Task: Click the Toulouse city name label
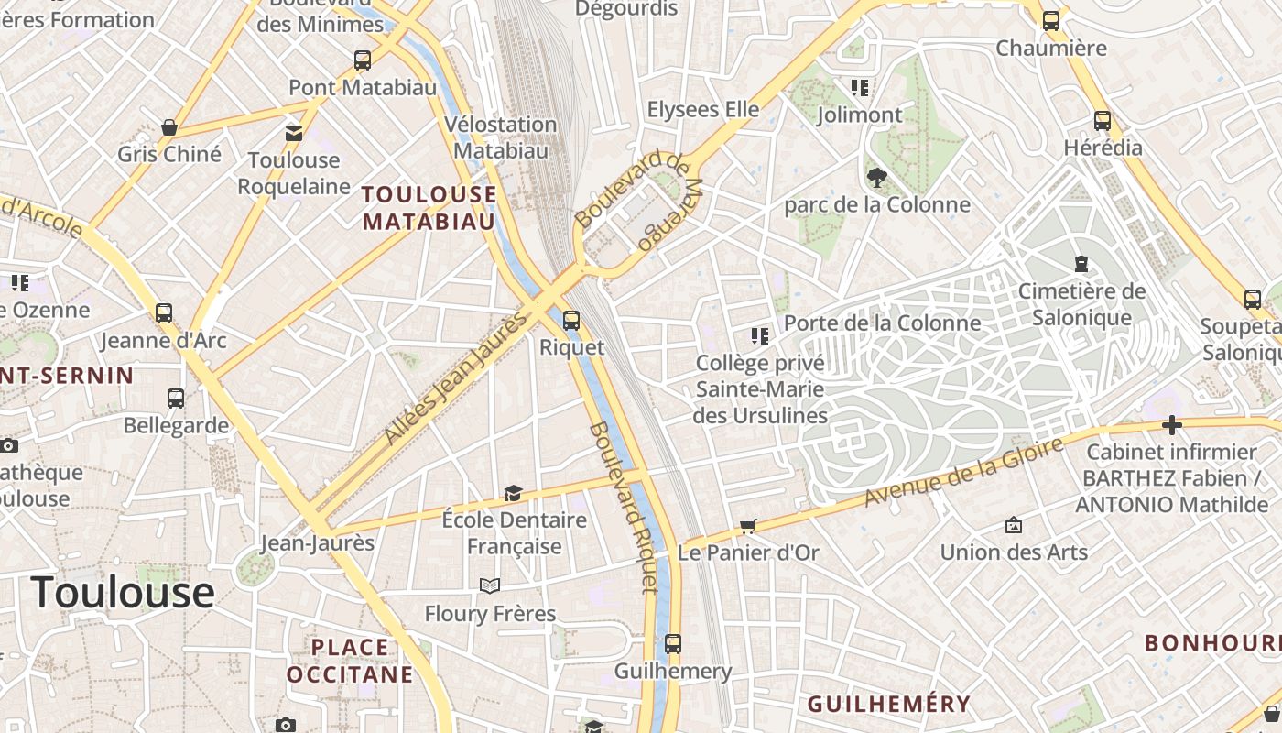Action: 123,593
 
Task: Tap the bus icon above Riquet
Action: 571,320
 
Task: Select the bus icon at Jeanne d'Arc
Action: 164,312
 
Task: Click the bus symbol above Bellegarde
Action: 176,398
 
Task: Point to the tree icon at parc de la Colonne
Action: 876,177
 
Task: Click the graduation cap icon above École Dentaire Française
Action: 513,494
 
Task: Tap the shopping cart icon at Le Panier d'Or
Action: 748,527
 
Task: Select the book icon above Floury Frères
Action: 490,585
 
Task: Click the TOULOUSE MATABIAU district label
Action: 429,208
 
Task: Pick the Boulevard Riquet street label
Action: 625,507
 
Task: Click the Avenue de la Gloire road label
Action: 964,472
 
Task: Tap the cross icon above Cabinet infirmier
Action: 1171,425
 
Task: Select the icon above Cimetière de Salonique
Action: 1081,264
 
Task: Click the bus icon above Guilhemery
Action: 673,643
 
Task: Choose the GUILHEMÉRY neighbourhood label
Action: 888,704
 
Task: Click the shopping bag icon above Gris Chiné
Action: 169,126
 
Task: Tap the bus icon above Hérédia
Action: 1103,120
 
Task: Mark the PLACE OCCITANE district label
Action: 350,662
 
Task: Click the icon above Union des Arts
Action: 1014,525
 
